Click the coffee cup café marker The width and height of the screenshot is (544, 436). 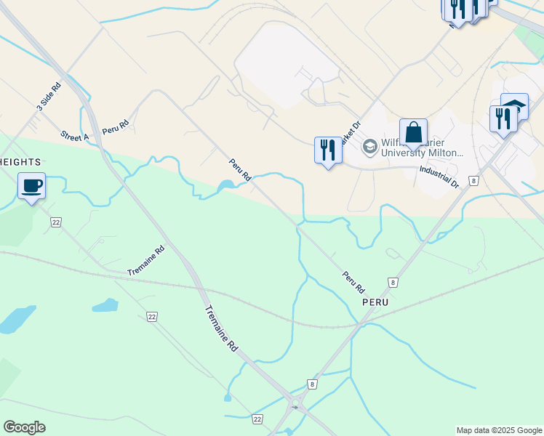tap(31, 186)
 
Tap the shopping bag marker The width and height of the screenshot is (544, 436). tap(413, 133)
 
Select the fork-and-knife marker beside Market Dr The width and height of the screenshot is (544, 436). tap(328, 150)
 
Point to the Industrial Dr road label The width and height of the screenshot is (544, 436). tap(439, 177)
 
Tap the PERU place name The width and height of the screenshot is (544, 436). tap(376, 301)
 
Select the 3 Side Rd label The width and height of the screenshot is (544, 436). tap(49, 97)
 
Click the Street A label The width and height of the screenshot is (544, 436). tap(75, 136)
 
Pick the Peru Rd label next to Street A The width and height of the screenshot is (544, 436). tap(115, 126)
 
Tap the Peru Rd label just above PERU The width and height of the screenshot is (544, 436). tap(352, 278)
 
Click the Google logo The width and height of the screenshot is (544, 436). tap(25, 427)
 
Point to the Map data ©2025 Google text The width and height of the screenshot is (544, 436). tap(498, 430)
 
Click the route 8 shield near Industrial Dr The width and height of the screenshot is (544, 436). tap(474, 180)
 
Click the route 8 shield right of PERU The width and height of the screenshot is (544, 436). tap(393, 282)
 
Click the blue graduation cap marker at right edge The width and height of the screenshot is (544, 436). tap(515, 106)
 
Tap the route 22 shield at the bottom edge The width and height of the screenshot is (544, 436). tap(257, 419)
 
